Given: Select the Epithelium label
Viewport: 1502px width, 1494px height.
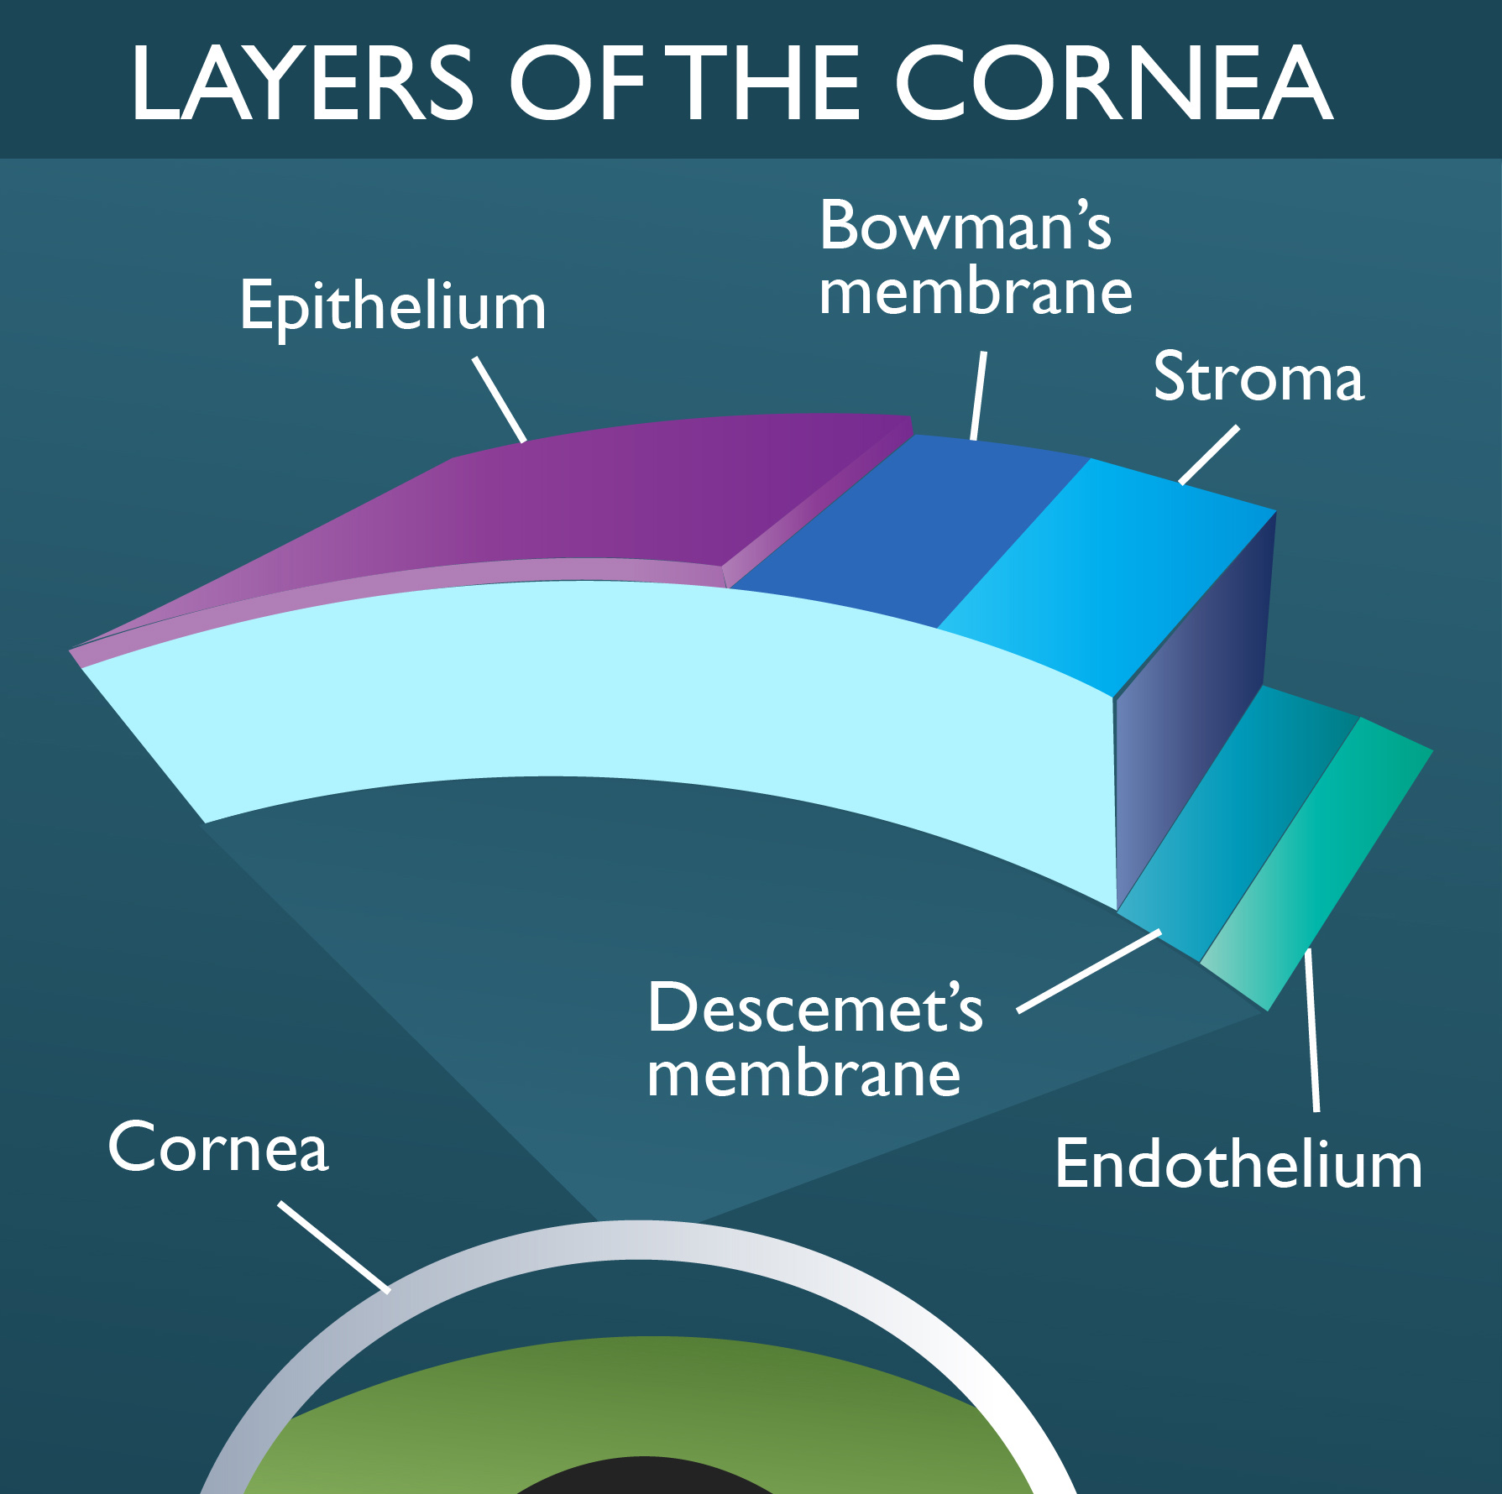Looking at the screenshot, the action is (393, 307).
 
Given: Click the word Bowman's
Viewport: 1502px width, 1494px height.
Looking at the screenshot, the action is (966, 227).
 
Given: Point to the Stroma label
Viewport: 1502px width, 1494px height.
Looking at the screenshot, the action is (1258, 378).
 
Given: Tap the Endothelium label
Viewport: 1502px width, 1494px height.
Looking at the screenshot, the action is (1238, 1164).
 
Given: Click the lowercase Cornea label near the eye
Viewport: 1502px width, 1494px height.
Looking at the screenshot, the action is (218, 1147).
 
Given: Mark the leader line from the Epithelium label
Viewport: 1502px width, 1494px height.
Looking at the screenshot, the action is (500, 399).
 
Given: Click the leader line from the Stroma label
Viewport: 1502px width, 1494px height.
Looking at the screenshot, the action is (1209, 455).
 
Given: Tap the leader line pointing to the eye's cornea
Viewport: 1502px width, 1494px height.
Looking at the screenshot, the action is (334, 1247).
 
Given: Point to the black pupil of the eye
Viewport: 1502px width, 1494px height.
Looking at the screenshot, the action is (638, 1481).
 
